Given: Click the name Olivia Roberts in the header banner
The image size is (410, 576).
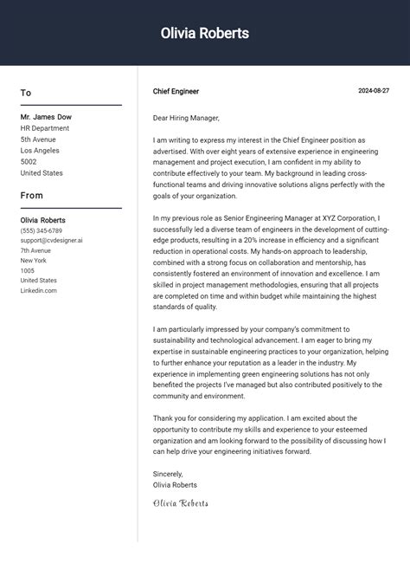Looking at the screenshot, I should (x=205, y=34).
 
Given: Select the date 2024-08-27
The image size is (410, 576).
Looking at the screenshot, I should (x=374, y=91).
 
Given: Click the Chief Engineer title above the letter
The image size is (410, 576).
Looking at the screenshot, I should (x=176, y=91).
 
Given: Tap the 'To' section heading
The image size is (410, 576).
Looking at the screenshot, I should (x=26, y=93).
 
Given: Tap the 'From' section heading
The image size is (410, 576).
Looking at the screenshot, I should (x=32, y=196).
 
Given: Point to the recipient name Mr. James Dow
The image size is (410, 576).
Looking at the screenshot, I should (x=46, y=116).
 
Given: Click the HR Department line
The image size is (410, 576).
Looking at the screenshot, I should (x=46, y=127).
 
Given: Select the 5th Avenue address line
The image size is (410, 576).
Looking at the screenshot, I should (x=38, y=139).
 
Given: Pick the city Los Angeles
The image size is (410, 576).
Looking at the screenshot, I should (x=41, y=150).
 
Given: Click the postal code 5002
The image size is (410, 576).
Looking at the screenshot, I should (x=29, y=161).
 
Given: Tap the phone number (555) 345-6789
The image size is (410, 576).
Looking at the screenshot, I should (x=42, y=231).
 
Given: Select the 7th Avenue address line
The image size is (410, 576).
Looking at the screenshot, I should (x=36, y=250).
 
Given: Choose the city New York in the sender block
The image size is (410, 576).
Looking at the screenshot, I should (x=34, y=261).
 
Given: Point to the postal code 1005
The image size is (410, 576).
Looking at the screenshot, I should (x=28, y=270).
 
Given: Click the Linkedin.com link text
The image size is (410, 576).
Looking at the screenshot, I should (x=39, y=290).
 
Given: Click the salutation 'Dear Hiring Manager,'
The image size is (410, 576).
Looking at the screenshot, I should (x=186, y=118).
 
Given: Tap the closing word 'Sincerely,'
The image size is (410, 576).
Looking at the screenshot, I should (x=168, y=474).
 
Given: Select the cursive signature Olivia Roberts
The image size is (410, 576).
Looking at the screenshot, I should (x=181, y=503).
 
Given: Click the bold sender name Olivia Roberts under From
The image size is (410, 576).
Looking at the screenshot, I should (x=43, y=220).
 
